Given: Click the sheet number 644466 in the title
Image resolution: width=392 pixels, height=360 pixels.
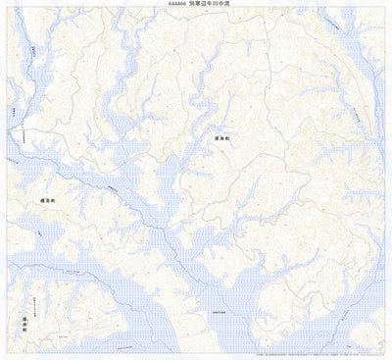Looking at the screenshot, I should click(177, 4).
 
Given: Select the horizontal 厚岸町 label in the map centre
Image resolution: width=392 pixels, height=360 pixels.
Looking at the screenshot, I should click(223, 139).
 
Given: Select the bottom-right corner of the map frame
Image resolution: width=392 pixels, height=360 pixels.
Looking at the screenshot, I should click(384, 351).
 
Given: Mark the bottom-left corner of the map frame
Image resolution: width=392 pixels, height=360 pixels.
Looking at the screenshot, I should click(8, 351).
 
